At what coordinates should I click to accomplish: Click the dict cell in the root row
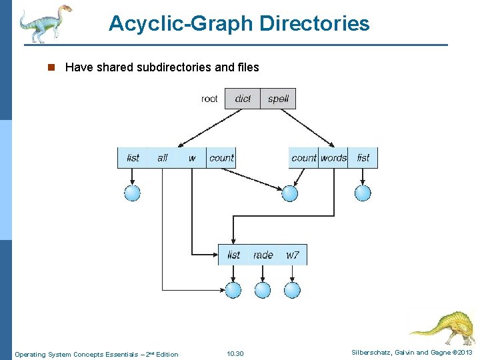(243, 99)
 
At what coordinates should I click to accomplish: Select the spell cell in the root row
(278, 99)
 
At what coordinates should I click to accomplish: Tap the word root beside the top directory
(209, 99)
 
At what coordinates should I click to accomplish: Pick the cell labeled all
(162, 158)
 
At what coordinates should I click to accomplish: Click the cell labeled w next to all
(192, 158)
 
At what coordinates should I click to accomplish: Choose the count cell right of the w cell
(221, 158)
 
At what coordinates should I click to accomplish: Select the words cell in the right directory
(333, 158)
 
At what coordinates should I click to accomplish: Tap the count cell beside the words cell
(304, 158)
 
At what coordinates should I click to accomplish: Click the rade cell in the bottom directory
(263, 255)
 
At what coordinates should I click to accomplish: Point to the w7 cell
(293, 255)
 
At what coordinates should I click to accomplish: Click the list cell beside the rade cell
(233, 255)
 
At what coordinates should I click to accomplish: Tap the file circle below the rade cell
(263, 290)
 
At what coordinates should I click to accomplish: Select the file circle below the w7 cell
(293, 290)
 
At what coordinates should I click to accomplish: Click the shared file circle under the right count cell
(289, 193)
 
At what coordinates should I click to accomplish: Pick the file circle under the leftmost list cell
(133, 193)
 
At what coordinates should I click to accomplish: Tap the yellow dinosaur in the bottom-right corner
(443, 327)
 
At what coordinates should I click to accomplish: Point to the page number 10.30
(235, 354)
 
